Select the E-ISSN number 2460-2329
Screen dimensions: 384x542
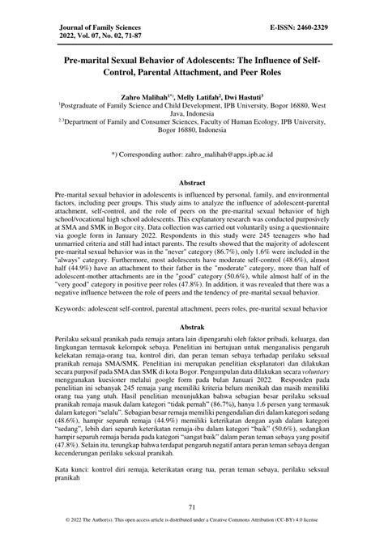pyautogui.click(x=309, y=28)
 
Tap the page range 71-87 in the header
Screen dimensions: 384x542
pyautogui.click(x=154, y=37)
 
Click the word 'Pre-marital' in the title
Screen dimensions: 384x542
pyautogui.click(x=87, y=61)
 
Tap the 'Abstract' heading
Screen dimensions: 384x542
pyautogui.click(x=191, y=184)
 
